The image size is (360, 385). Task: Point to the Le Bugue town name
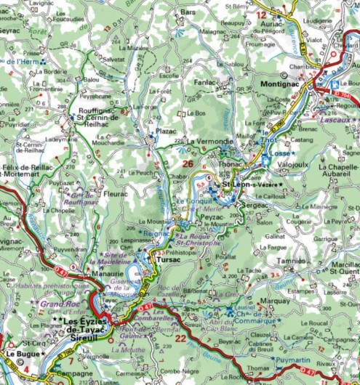click(22, 354)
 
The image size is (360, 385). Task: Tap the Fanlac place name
click(206, 83)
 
